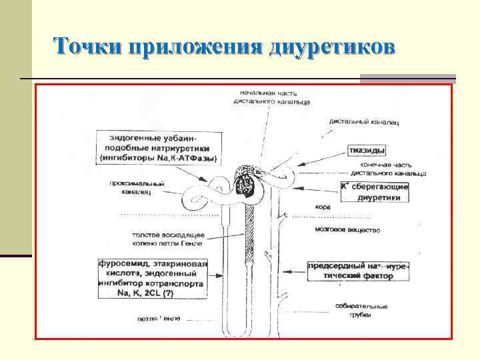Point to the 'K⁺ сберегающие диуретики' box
coord(374,192)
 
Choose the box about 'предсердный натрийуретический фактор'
coord(357,270)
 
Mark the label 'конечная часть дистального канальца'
coord(393,169)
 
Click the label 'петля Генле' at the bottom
coord(159,319)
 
